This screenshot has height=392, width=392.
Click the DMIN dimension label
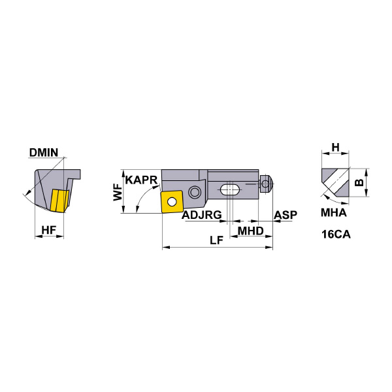tap(44, 152)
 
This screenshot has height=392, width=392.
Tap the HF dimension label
tap(49, 230)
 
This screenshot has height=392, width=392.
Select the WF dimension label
tap(118, 192)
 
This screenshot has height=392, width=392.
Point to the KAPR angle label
tap(142, 180)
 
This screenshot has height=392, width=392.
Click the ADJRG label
tap(202, 215)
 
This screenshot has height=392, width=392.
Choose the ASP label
tap(286, 215)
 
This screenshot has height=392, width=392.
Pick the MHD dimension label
tap(250, 231)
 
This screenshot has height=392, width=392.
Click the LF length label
tap(216, 240)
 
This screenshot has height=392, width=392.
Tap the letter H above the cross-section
tap(336, 147)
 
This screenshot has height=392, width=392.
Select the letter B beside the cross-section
tap(359, 182)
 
